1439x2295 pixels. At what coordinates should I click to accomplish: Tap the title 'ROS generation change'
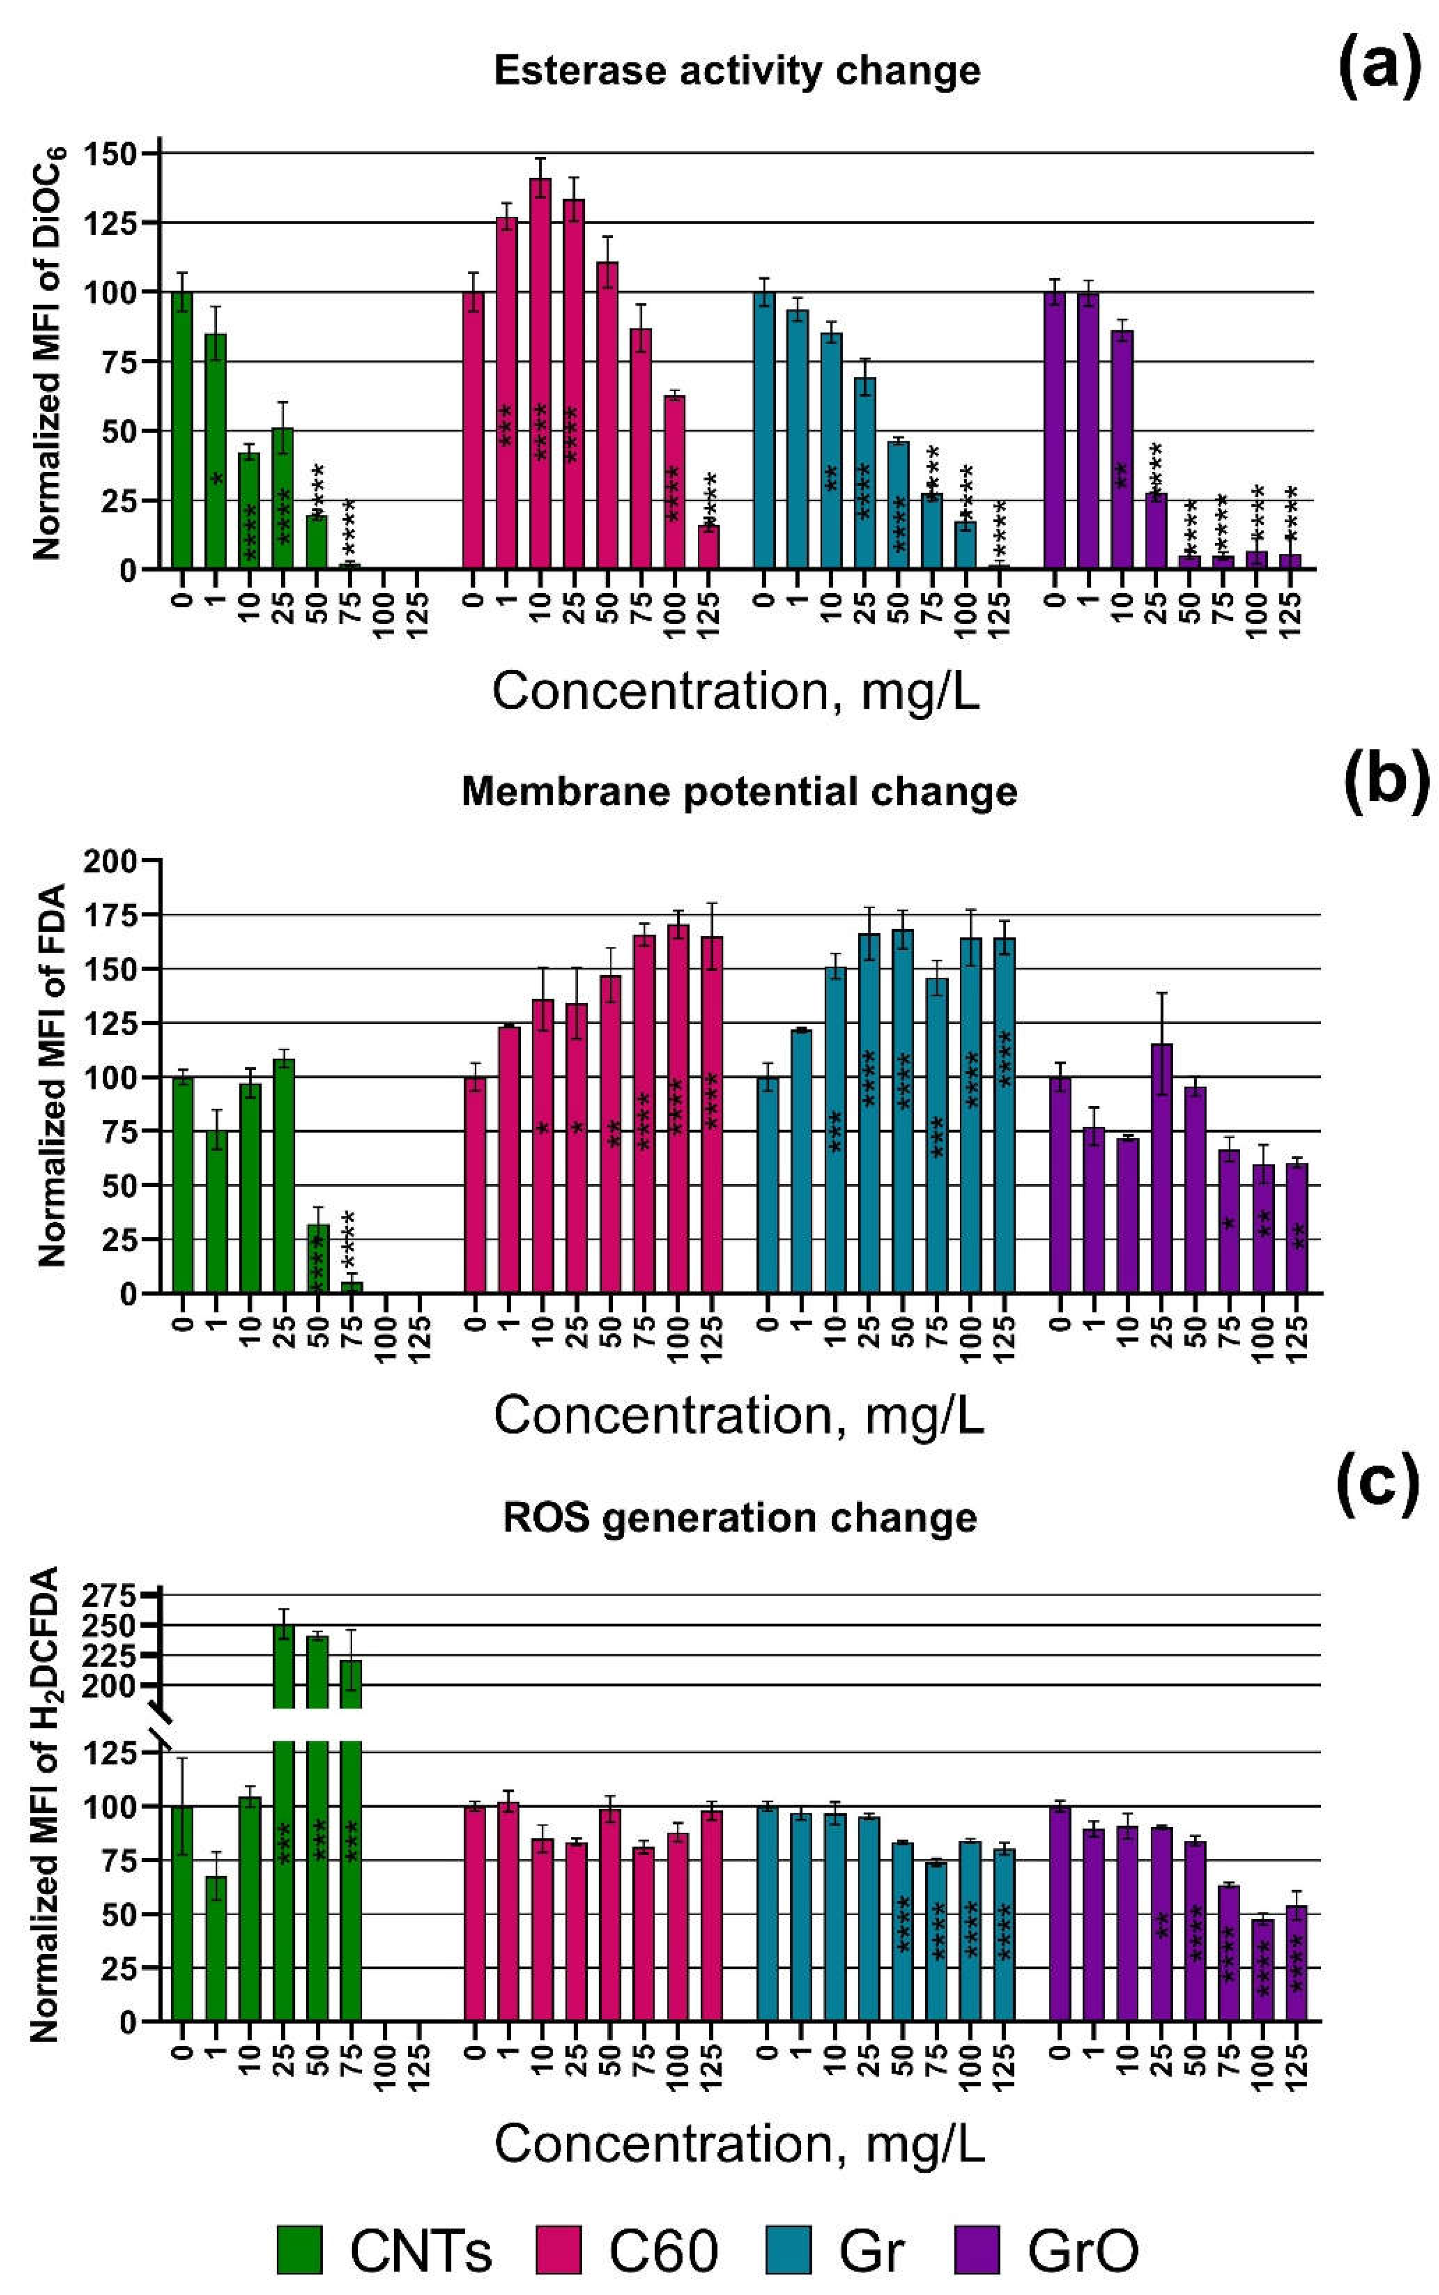[740, 1517]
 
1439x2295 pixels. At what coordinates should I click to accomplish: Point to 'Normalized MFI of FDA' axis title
[52, 1075]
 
